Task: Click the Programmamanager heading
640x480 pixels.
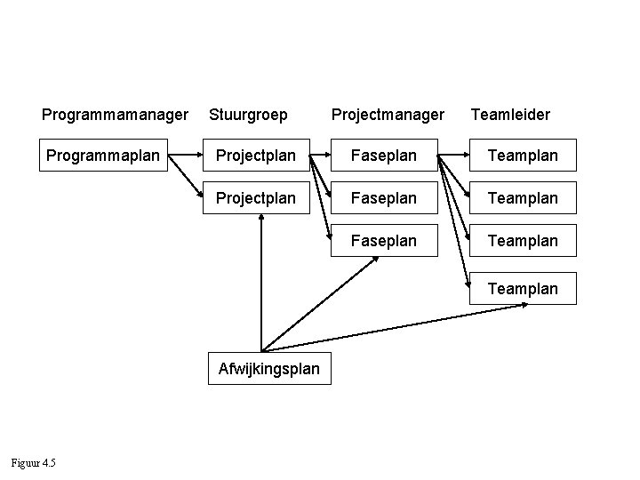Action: (115, 115)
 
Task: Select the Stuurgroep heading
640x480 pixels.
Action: (248, 115)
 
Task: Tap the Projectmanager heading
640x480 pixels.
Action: (388, 115)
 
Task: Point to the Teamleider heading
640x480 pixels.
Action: (510, 115)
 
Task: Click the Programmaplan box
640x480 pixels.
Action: (102, 155)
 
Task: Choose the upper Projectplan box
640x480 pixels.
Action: (256, 156)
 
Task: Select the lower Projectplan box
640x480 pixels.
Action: (256, 197)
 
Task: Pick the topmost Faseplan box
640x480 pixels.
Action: (384, 156)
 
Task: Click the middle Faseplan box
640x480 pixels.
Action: (384, 197)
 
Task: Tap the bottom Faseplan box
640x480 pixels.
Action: (384, 240)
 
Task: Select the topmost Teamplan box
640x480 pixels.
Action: (523, 156)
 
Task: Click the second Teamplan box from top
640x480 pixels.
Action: (523, 197)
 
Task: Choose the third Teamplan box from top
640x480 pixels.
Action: (523, 240)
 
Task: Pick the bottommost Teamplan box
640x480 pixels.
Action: (523, 288)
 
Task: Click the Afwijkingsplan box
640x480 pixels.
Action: (269, 368)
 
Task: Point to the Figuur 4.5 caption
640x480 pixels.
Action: (33, 461)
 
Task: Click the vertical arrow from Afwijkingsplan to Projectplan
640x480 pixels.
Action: (261, 284)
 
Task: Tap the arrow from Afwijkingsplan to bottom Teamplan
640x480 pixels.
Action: (400, 326)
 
